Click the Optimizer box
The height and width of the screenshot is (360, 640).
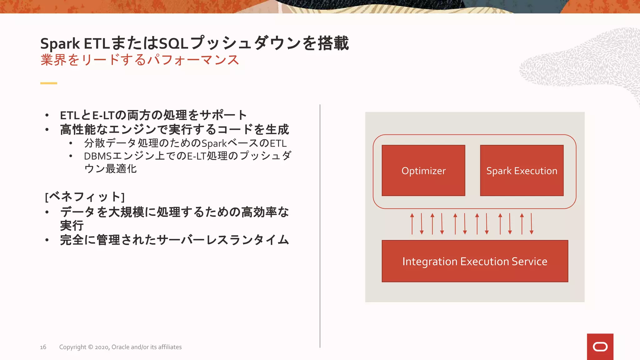click(423, 171)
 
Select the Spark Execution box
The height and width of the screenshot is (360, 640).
click(522, 171)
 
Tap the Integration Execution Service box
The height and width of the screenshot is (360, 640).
click(475, 261)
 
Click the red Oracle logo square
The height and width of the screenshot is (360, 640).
click(600, 347)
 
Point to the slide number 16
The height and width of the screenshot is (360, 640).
click(43, 347)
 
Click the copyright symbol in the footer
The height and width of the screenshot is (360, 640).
click(90, 347)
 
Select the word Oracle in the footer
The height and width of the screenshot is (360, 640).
click(120, 347)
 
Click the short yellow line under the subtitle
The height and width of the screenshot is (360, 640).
click(49, 83)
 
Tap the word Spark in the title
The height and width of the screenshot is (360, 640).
click(60, 44)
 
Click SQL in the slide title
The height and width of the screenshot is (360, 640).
click(173, 44)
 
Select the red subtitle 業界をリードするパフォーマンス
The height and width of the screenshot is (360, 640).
click(140, 60)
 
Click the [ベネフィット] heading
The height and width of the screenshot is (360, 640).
click(85, 197)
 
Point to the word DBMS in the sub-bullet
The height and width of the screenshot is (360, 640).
click(98, 156)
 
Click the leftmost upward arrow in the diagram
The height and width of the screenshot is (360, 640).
click(412, 224)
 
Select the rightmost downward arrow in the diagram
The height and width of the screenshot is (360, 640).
click(531, 224)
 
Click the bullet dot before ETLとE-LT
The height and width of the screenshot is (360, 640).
click(47, 115)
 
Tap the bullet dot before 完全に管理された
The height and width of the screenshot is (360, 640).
click(47, 240)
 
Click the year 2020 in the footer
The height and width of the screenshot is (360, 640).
click(102, 347)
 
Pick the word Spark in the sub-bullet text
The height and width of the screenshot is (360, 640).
click(214, 144)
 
